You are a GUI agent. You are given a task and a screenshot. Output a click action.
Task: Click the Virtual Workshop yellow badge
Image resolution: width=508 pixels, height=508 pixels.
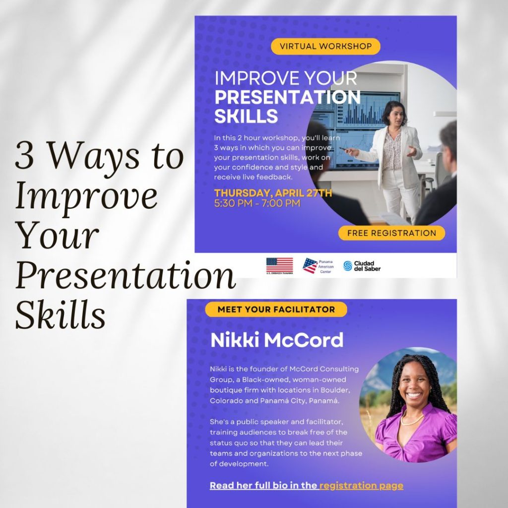pyautogui.click(x=325, y=46)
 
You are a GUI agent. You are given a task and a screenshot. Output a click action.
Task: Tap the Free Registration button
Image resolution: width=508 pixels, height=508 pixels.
pyautogui.click(x=391, y=233)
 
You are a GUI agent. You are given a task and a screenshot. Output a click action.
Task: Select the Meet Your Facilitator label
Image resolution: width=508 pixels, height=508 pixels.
pyautogui.click(x=276, y=310)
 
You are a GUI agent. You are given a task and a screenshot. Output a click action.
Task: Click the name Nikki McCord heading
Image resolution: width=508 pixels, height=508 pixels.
pyautogui.click(x=277, y=340)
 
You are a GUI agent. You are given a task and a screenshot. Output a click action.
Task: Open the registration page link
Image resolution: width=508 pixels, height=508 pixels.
pyautogui.click(x=361, y=485)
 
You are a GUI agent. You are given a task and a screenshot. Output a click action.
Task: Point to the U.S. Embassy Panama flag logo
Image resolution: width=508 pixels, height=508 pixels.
pyautogui.click(x=280, y=266)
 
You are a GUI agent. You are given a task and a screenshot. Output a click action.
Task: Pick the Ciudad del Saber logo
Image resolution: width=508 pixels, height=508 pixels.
pyautogui.click(x=362, y=266)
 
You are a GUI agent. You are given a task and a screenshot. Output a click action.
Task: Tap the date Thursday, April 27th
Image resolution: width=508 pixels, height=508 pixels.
pyautogui.click(x=273, y=193)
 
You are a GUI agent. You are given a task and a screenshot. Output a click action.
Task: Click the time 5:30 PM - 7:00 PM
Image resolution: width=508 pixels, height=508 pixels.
pyautogui.click(x=257, y=203)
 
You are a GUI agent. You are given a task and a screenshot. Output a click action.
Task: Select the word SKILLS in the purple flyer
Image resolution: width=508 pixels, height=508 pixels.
pyautogui.click(x=246, y=116)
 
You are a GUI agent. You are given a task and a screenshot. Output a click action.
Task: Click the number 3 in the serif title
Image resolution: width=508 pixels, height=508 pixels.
pyautogui.click(x=24, y=155)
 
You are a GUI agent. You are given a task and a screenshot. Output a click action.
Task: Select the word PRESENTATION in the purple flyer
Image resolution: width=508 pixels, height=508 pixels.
pyautogui.click(x=287, y=97)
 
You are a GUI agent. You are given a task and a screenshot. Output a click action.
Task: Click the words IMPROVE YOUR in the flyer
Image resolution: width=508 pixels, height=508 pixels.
pyautogui.click(x=286, y=78)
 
